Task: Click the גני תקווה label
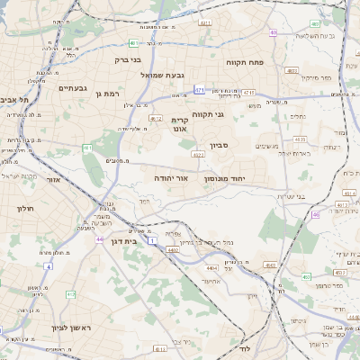tap(207, 114)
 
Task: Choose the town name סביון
tap(220, 145)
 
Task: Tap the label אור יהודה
tap(171, 179)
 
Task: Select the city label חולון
tap(24, 209)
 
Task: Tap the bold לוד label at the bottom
tap(246, 347)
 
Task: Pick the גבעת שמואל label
tap(162, 75)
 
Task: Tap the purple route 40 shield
tap(273, 33)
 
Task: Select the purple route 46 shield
tap(316, 214)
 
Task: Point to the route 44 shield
tap(100, 239)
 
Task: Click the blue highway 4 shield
tap(48, 266)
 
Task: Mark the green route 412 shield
tap(71, 293)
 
